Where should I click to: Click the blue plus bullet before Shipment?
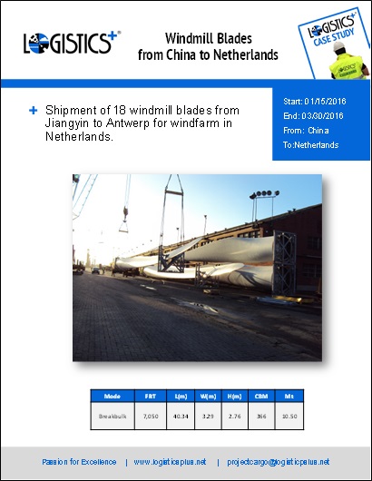[33, 111]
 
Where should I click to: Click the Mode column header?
[113, 397]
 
